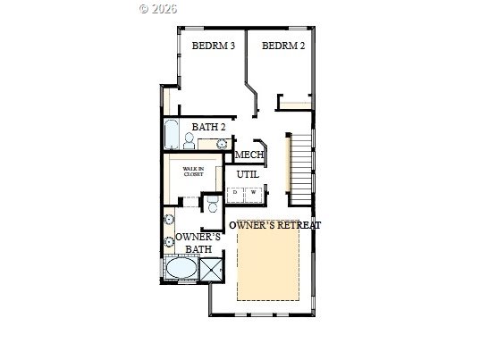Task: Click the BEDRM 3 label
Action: pos(214,46)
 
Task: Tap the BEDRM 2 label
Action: pos(283,46)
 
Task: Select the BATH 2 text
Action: pos(208,127)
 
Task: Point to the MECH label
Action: pos(249,155)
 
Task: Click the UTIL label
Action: pos(248,174)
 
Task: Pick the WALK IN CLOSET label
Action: pos(193,172)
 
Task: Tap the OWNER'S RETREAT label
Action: pos(275,225)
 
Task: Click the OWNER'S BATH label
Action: pos(198,243)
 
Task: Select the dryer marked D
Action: pos(235,195)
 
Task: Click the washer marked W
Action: pos(253,195)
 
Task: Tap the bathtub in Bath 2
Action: pos(171,134)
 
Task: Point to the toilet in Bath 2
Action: pos(189,141)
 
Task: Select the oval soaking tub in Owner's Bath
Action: pos(181,268)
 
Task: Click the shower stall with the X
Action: pos(211,270)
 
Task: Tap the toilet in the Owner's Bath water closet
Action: pos(213,204)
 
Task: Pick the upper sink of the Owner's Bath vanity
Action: pos(169,219)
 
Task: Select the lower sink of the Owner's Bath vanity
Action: pos(169,241)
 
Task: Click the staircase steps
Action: pos(300,169)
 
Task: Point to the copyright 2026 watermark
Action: pos(158,9)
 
